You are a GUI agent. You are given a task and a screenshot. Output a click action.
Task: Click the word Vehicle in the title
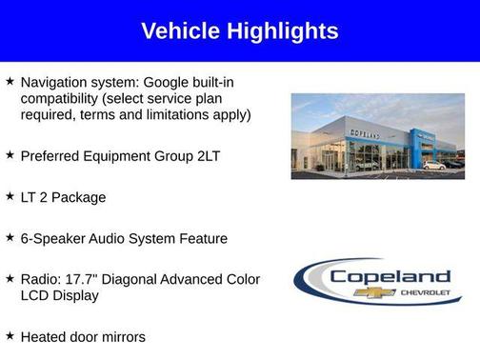[181, 30]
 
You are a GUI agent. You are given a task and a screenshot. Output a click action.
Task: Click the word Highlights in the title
[282, 30]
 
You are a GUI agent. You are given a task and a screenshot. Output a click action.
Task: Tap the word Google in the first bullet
[169, 83]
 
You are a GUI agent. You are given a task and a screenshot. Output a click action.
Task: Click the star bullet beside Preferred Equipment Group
[10, 154]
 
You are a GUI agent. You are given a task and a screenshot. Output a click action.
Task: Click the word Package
[81, 197]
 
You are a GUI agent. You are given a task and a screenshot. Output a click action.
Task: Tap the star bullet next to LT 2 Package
[10, 195]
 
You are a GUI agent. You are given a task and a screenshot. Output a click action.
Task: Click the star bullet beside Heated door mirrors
[10, 335]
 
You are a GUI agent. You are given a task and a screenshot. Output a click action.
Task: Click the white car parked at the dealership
[433, 166]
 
